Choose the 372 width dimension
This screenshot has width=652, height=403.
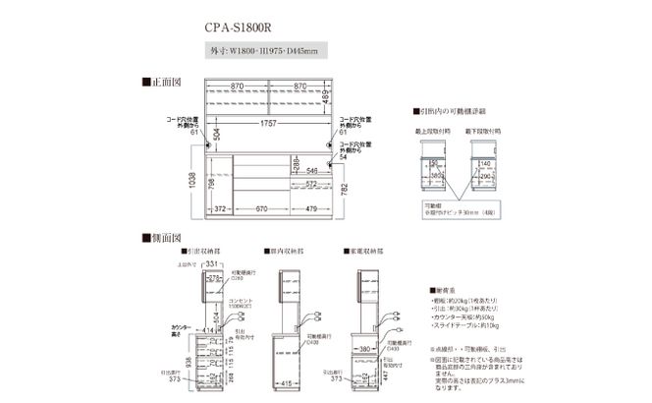(x=220, y=207)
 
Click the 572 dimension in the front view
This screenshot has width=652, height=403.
(x=309, y=183)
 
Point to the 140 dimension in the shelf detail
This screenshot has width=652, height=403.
(x=486, y=166)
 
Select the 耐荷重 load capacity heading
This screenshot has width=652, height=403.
(x=444, y=291)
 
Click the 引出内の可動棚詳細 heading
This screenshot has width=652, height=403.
(x=448, y=112)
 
